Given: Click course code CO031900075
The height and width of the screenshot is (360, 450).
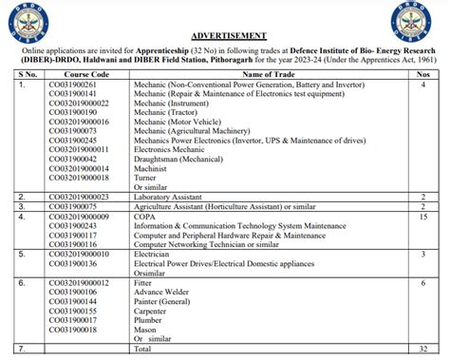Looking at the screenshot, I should (85, 206).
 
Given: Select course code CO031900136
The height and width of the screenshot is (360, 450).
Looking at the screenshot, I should (85, 263).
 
